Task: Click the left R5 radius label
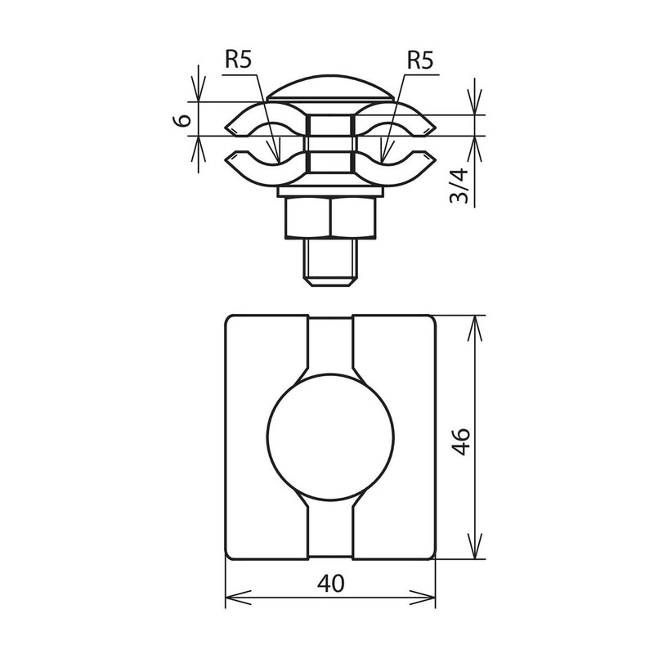pyautogui.click(x=239, y=59)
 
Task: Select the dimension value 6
pyautogui.click(x=185, y=119)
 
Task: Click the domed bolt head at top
pyautogui.click(x=331, y=88)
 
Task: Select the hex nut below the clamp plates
pyautogui.click(x=331, y=219)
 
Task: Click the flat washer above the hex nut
pyautogui.click(x=331, y=193)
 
